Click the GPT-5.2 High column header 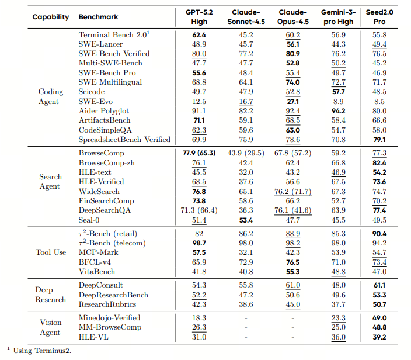coord(199,17)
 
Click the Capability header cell coord(51,17)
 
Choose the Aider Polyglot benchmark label coord(103,111)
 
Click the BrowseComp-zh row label coord(106,162)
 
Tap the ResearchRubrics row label coord(107,304)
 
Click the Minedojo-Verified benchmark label coord(109,317)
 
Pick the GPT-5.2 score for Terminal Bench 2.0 coord(199,34)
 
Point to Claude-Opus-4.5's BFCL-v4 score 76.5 coord(293,262)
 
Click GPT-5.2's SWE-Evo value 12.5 coord(199,101)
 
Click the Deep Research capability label coord(51,295)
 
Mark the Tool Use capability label coord(51,252)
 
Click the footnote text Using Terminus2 coord(41,351)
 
